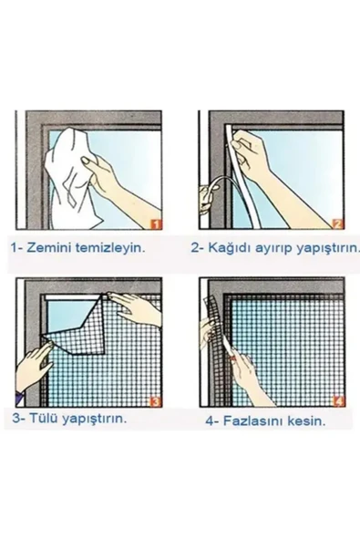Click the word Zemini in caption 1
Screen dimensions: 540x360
click(54, 246)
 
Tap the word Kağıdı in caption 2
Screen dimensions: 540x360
click(231, 246)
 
